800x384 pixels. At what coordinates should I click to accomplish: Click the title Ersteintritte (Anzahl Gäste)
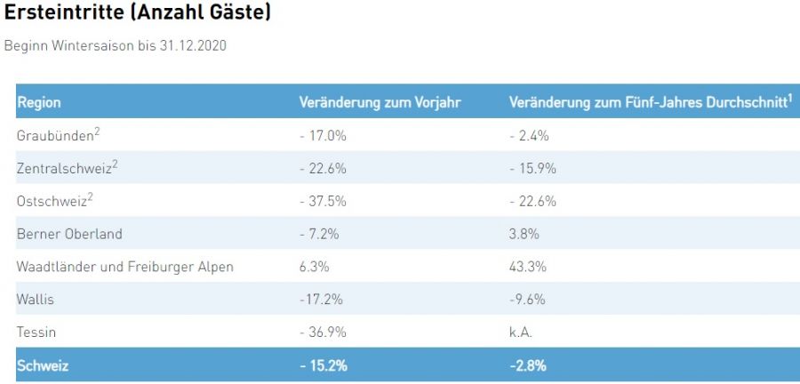138,14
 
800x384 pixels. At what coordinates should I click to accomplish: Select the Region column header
39,102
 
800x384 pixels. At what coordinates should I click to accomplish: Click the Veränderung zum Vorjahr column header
380,102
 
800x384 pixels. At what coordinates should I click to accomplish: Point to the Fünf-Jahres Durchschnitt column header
650,102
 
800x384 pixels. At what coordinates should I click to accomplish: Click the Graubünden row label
55,135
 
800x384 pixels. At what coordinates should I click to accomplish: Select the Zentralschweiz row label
68,168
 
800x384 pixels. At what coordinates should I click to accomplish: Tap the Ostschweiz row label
54,201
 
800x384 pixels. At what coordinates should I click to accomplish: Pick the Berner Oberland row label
69,234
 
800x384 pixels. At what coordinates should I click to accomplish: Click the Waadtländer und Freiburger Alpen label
125,267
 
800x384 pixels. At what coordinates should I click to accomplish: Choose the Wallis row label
36,300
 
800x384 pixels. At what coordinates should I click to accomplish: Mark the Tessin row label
36,332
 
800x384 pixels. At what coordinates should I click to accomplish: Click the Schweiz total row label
43,365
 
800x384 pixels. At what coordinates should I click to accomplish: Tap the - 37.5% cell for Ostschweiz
323,201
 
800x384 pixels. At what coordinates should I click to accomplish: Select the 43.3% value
528,267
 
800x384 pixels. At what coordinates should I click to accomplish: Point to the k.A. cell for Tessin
522,332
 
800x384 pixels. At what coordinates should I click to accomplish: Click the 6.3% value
315,267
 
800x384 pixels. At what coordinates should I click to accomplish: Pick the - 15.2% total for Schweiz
324,365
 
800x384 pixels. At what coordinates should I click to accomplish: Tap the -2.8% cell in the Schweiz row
528,365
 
